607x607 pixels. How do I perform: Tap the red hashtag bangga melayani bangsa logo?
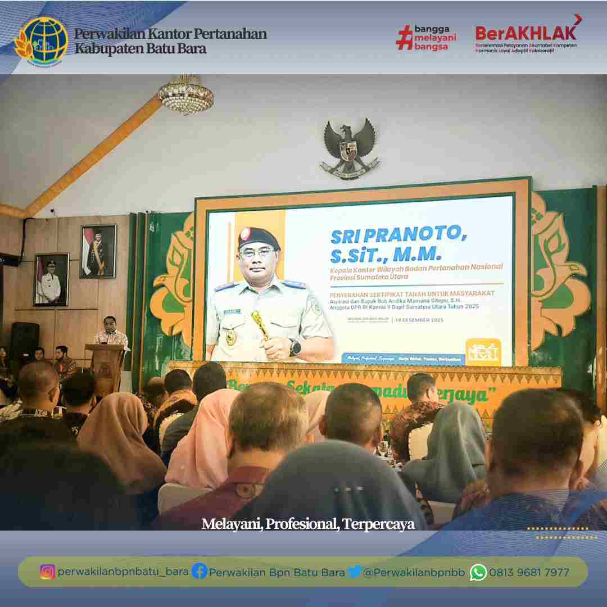tap(426, 38)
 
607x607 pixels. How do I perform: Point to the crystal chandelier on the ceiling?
tap(185, 96)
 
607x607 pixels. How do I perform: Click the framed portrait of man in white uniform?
tap(51, 279)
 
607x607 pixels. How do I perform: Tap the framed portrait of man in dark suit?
tap(98, 251)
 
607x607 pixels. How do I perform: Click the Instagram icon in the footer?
tap(48, 572)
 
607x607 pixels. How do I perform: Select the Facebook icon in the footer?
tap(199, 572)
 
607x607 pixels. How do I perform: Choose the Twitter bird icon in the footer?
tap(354, 572)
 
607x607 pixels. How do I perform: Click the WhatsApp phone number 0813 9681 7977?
tap(529, 572)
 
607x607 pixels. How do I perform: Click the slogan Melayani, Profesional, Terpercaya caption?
tap(308, 524)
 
